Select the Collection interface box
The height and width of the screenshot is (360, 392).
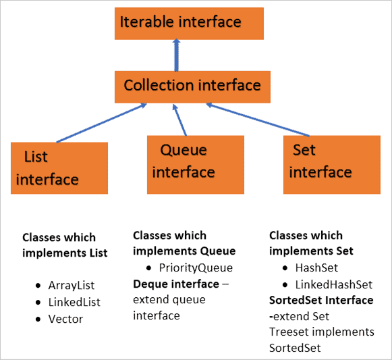192,86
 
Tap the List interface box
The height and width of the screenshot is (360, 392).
59,168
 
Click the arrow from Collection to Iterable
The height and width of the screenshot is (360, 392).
177,55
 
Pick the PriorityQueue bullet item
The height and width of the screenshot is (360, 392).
196,267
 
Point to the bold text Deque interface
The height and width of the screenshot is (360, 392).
176,283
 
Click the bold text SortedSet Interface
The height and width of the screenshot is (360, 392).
321,300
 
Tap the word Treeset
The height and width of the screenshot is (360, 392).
289,332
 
